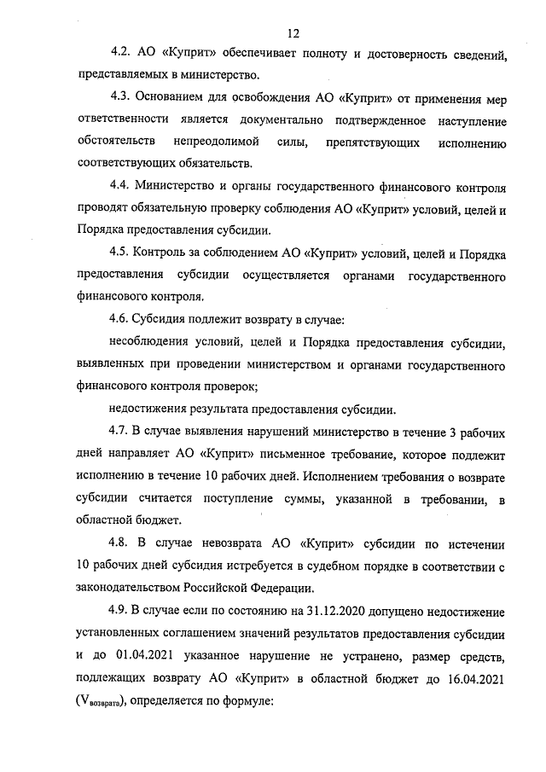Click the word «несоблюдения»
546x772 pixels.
tap(150, 342)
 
